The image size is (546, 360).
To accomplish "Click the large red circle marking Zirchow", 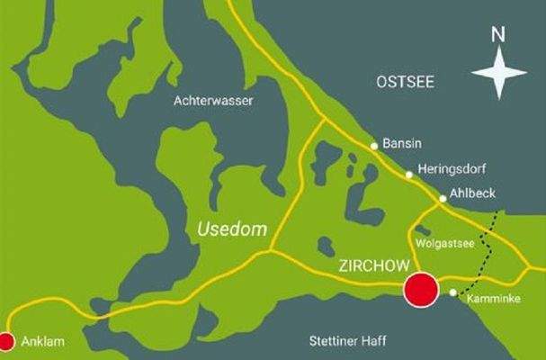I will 420,290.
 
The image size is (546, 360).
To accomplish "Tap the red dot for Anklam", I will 6,341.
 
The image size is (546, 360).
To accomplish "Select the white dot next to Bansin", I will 374,145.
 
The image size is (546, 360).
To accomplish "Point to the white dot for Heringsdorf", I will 408,175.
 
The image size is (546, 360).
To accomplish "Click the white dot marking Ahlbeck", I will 443,199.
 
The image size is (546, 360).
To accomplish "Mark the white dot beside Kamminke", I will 453,292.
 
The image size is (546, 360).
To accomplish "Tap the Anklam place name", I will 43,343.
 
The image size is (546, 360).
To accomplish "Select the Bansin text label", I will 402,143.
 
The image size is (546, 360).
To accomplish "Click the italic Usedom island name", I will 232,229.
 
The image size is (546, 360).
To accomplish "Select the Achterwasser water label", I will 213,101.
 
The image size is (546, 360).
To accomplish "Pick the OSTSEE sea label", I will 404,82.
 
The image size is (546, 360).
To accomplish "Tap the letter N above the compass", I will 498,35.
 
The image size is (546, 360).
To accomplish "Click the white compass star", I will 499,73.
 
